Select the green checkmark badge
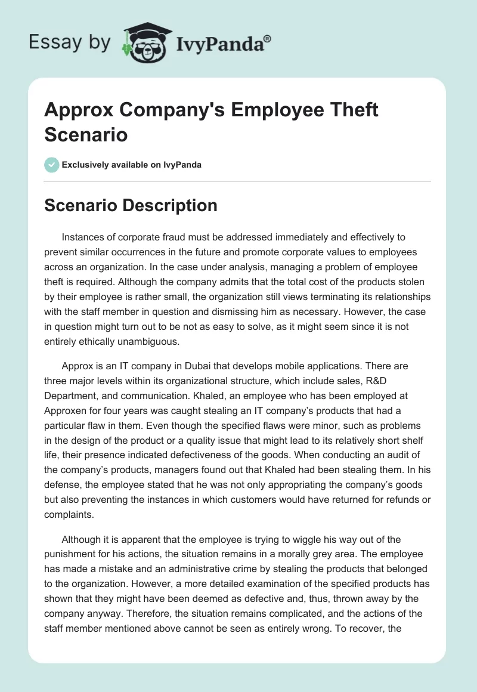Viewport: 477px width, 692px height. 52,165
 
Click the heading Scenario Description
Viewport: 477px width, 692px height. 131,205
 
